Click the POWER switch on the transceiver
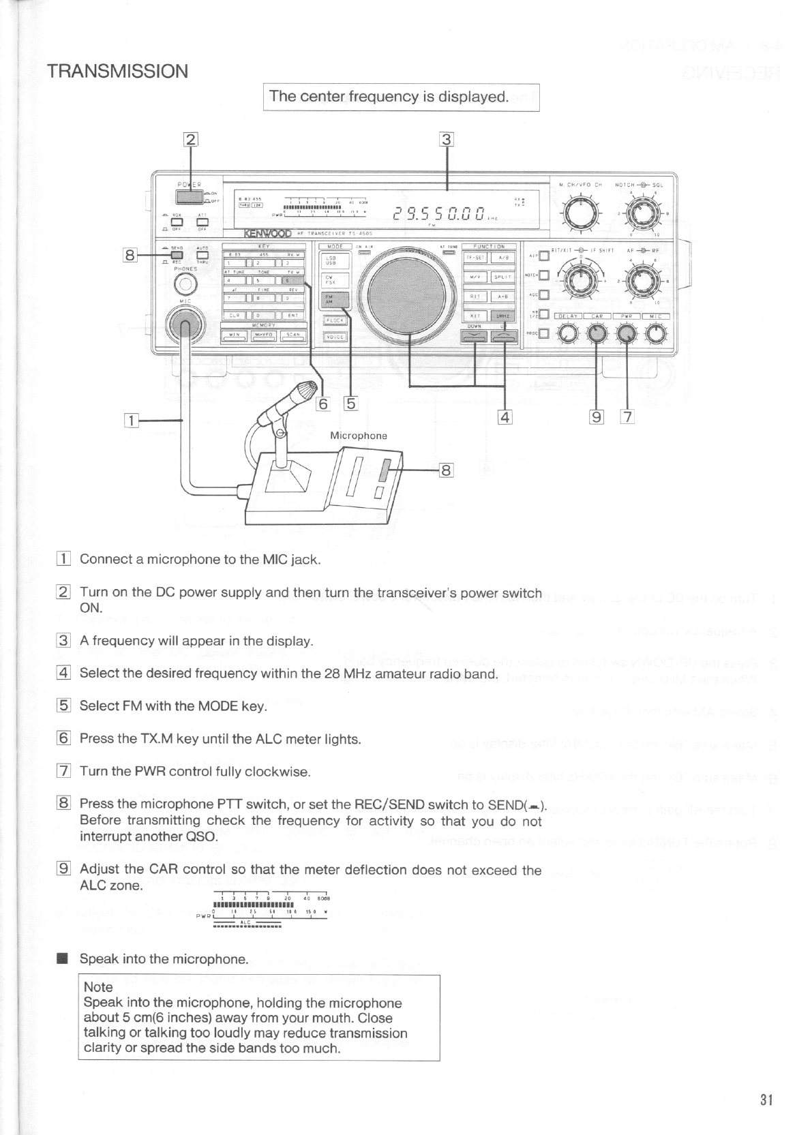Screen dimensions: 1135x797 point(189,196)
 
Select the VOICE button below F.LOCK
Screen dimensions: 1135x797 point(334,337)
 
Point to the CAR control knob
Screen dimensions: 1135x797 point(597,333)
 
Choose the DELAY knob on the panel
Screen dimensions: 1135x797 point(567,333)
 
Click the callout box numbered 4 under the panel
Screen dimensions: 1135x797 point(505,417)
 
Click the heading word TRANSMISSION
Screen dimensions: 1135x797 point(118,72)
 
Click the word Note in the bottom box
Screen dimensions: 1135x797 point(98,986)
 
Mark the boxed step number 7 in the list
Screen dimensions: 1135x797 point(63,772)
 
